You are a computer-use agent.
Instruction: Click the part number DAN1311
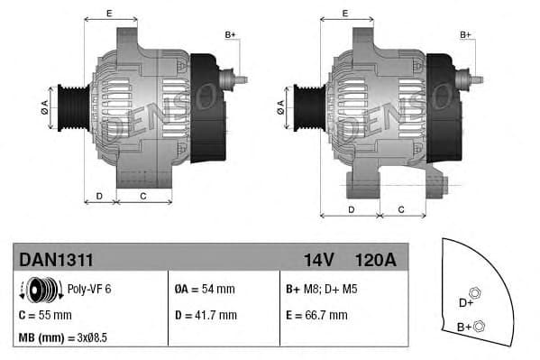tap(56, 260)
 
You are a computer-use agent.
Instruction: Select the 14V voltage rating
tap(318, 260)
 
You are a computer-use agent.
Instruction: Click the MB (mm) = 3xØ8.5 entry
tap(64, 339)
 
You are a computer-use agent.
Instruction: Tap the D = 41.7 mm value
tap(205, 315)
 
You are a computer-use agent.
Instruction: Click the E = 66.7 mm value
tap(316, 315)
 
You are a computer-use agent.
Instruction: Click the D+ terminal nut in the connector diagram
tap(477, 293)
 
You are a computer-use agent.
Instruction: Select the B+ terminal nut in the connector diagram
tap(480, 326)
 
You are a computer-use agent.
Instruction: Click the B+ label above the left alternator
tap(230, 35)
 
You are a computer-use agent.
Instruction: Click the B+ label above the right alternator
tap(466, 35)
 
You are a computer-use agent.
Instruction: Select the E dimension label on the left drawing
tap(109, 13)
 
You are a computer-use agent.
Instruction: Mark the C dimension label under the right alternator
tap(400, 209)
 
